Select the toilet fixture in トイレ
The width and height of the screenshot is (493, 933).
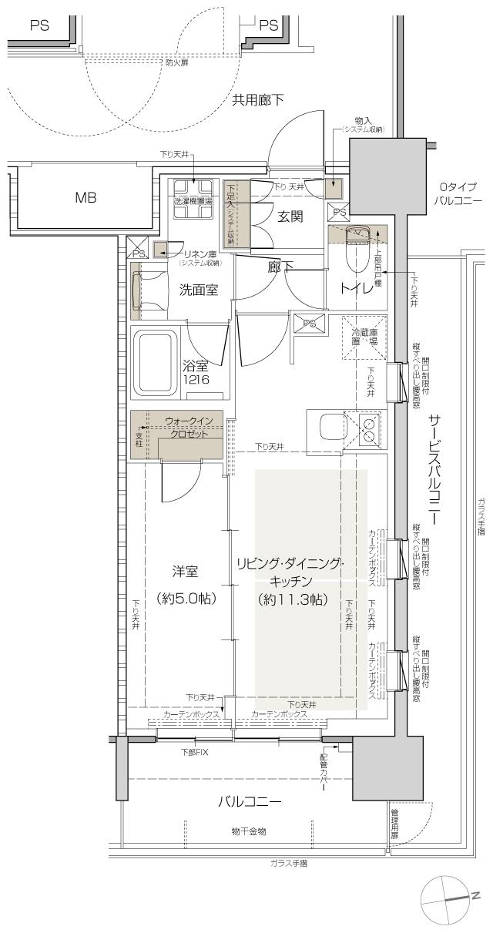click(x=357, y=247)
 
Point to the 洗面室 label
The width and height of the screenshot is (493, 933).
click(x=198, y=290)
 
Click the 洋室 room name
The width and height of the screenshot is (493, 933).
click(x=185, y=572)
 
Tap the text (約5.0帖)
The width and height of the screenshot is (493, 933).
click(x=185, y=599)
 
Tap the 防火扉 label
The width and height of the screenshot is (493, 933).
click(x=176, y=62)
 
